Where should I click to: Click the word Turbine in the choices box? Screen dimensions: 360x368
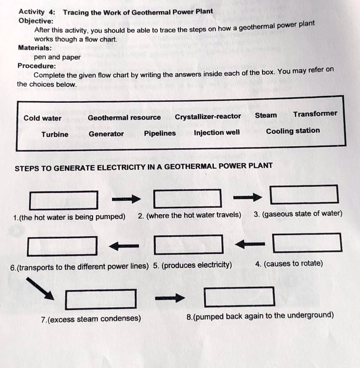[x=55, y=134]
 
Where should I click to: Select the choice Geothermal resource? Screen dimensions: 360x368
[x=124, y=118]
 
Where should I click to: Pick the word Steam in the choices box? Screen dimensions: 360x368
[x=266, y=115]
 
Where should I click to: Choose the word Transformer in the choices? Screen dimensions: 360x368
[x=315, y=114]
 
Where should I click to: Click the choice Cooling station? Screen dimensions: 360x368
[x=293, y=131]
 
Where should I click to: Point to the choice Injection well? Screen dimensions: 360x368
[x=217, y=133]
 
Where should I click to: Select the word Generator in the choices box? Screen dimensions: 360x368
[x=106, y=134]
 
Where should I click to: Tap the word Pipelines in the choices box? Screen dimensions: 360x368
[x=160, y=133]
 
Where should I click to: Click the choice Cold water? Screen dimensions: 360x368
[x=42, y=118]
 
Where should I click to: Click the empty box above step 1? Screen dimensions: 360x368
[x=64, y=200]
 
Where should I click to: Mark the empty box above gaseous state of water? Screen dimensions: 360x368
[x=304, y=194]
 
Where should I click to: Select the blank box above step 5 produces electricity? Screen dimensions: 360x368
[x=188, y=244]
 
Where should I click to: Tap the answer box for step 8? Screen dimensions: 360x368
[x=240, y=296]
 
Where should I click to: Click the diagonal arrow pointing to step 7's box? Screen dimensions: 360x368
[x=43, y=288]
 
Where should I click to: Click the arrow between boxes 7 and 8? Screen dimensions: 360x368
[x=170, y=298]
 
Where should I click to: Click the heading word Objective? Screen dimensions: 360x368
[x=36, y=21]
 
